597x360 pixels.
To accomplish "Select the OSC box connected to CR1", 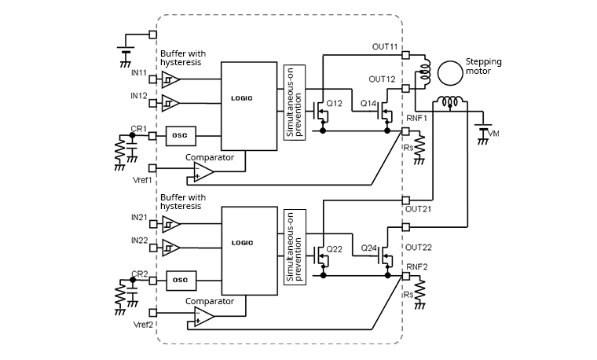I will click(180, 134).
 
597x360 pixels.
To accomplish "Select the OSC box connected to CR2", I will click(180, 280).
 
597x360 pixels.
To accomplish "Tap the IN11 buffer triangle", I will click(170, 79).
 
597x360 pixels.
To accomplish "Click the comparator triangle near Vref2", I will click(203, 316).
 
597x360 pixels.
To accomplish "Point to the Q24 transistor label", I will click(369, 248).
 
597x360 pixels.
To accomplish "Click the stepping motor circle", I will click(451, 73).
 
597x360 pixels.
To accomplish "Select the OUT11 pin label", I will click(384, 46).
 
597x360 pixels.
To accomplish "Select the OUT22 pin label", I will click(418, 247).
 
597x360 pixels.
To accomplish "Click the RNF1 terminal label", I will click(416, 118).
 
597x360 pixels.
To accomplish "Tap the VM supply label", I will click(493, 134).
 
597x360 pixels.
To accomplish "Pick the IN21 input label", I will click(139, 217).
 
